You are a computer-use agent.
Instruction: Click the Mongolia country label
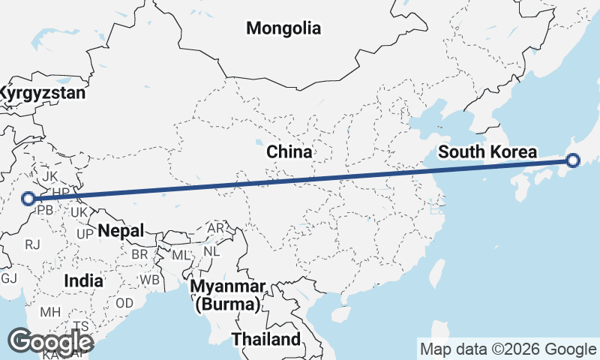283,29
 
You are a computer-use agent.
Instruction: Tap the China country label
289,152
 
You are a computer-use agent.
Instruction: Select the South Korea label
487,152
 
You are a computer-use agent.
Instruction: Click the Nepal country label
120,230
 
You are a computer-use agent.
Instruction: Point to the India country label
83,280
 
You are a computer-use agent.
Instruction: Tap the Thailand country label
265,339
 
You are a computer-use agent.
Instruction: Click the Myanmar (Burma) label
228,296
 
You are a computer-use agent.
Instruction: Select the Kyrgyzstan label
41,94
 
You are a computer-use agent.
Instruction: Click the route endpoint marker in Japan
573,160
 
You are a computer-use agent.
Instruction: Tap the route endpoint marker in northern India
28,199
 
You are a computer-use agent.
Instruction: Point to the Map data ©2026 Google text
507,349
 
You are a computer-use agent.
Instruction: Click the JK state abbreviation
49,176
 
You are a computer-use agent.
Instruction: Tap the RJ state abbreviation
32,244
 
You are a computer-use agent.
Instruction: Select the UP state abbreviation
85,233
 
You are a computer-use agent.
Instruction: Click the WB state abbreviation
151,279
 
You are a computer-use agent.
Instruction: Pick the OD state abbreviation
124,303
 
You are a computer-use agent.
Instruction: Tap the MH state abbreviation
50,311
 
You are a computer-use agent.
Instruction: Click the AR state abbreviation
216,227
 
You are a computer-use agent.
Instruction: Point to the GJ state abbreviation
8,278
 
